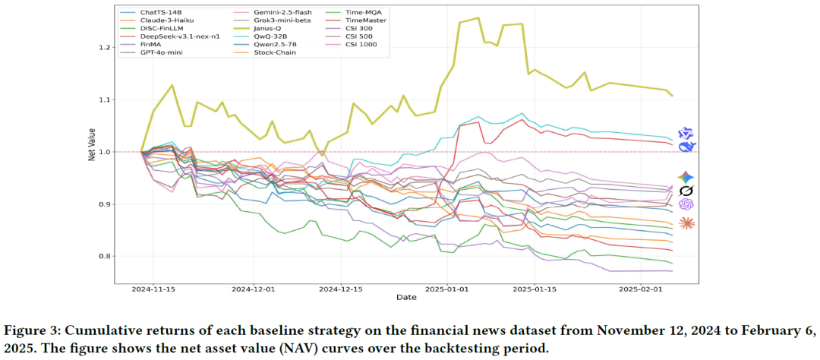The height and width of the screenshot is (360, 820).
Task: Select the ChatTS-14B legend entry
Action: pyautogui.click(x=162, y=14)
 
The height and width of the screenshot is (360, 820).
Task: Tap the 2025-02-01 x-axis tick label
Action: pyautogui.click(x=639, y=289)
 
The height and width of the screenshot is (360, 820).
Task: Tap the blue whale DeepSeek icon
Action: pyautogui.click(x=686, y=147)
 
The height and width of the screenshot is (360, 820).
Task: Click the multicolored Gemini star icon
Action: pyautogui.click(x=686, y=176)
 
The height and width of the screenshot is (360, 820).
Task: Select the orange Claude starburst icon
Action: pyautogui.click(x=686, y=223)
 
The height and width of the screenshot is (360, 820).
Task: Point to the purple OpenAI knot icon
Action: pyautogui.click(x=686, y=204)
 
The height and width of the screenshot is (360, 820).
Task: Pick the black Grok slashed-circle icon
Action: pyautogui.click(x=686, y=190)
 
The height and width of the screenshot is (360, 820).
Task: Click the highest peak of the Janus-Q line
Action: pyautogui.click(x=477, y=18)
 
